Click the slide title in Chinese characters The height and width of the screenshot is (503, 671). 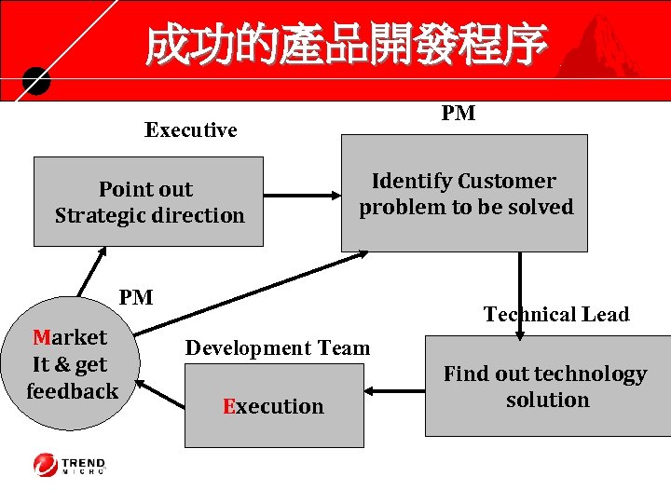click(x=346, y=46)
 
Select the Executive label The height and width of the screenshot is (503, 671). click(x=190, y=130)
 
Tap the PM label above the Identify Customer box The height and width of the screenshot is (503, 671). click(x=458, y=114)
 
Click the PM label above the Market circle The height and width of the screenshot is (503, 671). click(x=136, y=297)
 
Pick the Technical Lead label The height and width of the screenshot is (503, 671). click(x=556, y=315)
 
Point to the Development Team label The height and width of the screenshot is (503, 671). click(x=278, y=348)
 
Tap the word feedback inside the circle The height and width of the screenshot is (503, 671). click(x=72, y=391)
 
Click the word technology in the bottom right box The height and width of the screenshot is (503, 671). click(x=593, y=374)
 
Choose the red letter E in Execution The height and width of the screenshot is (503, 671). click(x=228, y=407)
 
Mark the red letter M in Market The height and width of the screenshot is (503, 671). click(x=40, y=337)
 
